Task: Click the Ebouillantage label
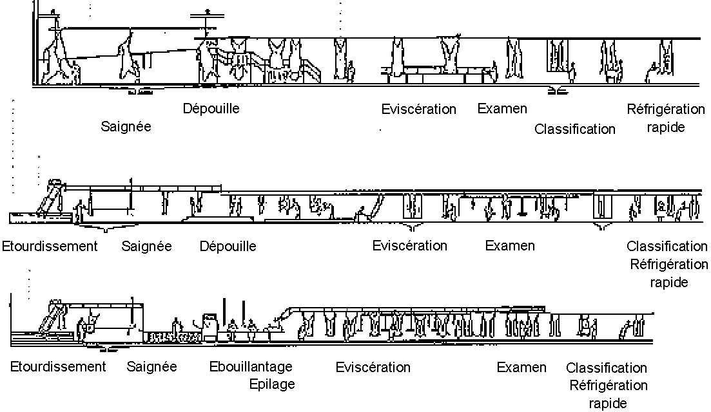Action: tap(251, 367)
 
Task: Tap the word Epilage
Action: tap(272, 384)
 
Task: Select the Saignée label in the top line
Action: tap(126, 126)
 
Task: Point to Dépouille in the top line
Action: tap(211, 108)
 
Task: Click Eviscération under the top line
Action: tap(418, 109)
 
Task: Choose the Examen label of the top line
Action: tap(502, 108)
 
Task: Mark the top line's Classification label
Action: tap(575, 129)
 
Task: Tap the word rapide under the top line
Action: tap(665, 127)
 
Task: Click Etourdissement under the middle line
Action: tap(50, 246)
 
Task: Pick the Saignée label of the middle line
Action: tap(147, 246)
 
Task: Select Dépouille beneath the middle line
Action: tap(228, 246)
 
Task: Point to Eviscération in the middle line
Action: tap(409, 245)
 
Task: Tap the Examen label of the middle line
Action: tap(510, 245)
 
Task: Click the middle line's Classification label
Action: tap(667, 246)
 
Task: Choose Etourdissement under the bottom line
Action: tap(58, 367)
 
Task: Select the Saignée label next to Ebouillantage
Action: tap(152, 367)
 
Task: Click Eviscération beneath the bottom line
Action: tap(373, 368)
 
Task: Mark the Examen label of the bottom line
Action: tap(521, 368)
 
